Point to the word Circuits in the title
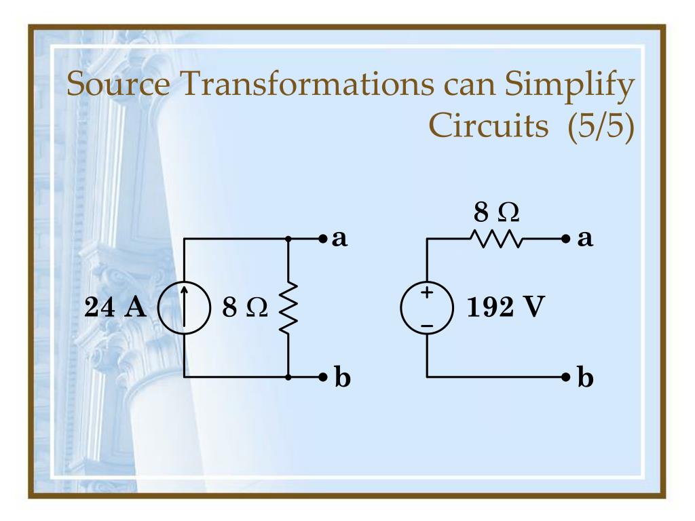point(489,126)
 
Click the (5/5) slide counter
point(598,126)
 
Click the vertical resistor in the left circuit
point(288,307)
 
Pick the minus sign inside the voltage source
point(427,326)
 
